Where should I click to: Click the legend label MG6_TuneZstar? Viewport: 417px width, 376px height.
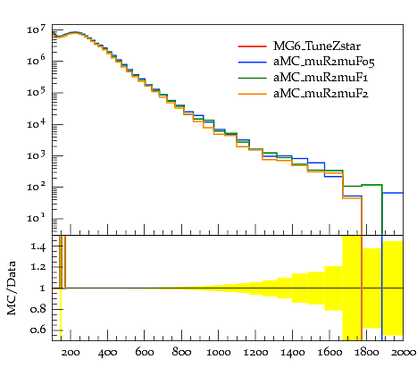pos(317,46)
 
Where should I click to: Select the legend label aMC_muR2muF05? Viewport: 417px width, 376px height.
pos(324,62)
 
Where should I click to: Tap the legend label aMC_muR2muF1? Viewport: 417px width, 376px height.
pos(321,78)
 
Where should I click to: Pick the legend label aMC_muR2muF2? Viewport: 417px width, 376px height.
pos(321,94)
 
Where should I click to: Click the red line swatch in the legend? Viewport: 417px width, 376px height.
pos(252,46)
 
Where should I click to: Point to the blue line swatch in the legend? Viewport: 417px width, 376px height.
pos(252,62)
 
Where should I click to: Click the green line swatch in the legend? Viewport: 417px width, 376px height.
pos(252,78)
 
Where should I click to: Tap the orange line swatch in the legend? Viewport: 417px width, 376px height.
pos(252,94)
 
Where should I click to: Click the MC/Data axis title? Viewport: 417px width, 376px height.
pos(12,288)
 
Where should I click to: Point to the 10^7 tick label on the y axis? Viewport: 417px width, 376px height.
pos(36,29)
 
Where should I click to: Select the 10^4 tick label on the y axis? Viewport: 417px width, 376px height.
pos(36,123)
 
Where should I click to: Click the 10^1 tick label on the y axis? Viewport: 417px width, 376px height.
pos(36,217)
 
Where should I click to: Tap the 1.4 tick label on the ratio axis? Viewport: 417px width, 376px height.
pos(38,246)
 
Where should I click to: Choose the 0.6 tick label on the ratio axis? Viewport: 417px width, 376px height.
pos(38,330)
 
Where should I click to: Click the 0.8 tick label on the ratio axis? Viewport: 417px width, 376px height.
pos(38,309)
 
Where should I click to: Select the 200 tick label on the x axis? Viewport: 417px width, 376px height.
pos(71,353)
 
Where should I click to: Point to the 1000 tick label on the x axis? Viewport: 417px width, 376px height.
pos(219,353)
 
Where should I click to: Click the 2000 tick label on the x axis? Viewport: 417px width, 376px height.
pos(404,353)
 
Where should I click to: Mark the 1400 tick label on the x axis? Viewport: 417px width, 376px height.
pos(292,353)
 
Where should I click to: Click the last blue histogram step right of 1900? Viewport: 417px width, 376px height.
pos(393,193)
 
